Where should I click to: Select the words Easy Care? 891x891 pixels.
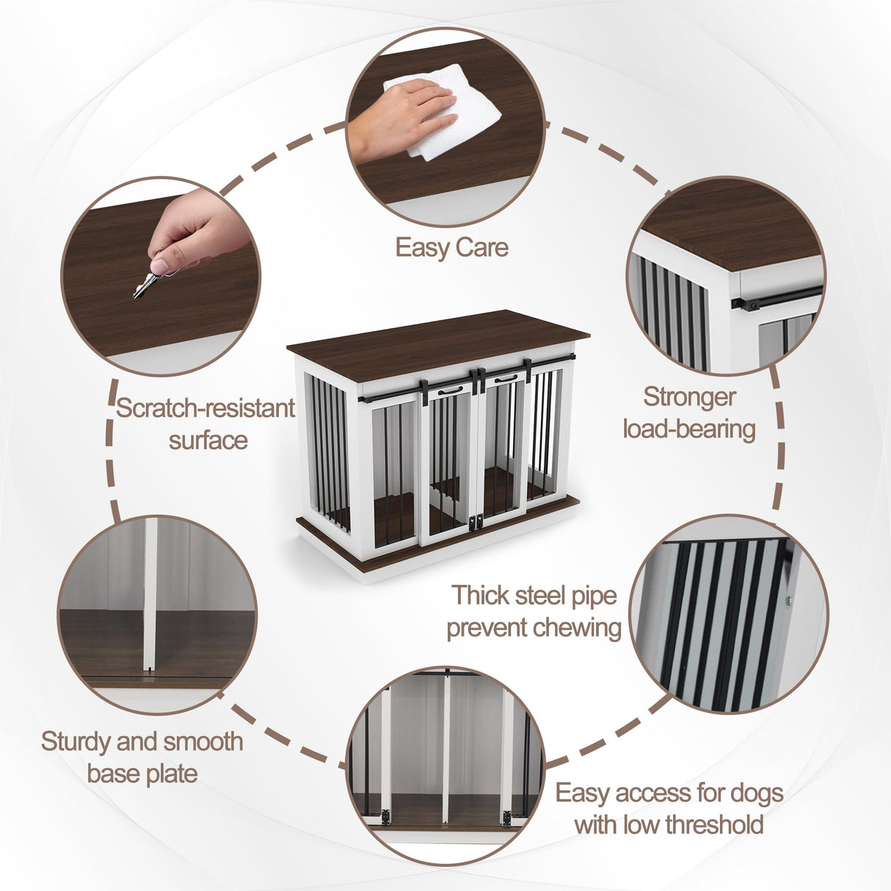point(451,247)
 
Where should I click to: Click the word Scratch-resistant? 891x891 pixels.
point(205,408)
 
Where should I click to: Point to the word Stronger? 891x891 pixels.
point(689,396)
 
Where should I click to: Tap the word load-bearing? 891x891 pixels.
point(689,429)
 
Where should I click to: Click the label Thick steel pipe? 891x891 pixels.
point(534,594)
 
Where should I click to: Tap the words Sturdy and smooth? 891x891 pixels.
point(142,741)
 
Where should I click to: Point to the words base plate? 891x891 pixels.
point(142,774)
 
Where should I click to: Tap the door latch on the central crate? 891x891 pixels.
point(476,522)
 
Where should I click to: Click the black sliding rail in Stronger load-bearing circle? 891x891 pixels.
point(778,298)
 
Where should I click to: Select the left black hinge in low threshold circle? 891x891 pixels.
point(382,816)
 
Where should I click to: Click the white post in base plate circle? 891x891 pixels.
point(150,594)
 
